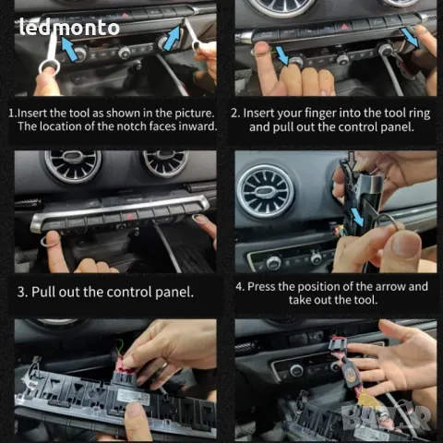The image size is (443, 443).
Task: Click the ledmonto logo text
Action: click(69, 27)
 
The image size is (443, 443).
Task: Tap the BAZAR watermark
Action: click(387, 416)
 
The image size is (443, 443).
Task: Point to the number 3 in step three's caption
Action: click(21, 292)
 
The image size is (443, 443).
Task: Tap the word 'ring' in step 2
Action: click(419, 114)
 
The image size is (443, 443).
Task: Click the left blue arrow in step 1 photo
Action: click(69, 48)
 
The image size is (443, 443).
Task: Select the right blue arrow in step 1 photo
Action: click(173, 38)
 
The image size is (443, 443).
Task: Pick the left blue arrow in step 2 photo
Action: click(282, 54)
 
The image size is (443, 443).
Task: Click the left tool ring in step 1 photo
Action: click(49, 66)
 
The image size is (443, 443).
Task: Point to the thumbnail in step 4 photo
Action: click(407, 245)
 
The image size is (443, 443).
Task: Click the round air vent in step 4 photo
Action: click(266, 191)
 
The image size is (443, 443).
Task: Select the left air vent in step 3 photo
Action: click(73, 165)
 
